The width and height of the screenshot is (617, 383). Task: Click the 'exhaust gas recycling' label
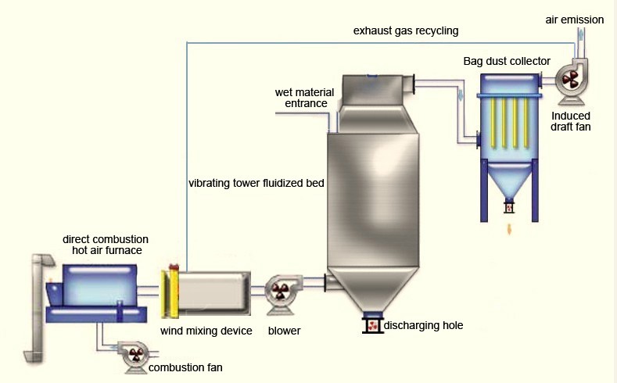pyautogui.click(x=405, y=31)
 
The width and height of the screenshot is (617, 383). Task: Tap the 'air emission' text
pyautogui.click(x=575, y=20)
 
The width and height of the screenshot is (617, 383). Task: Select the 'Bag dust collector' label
pyautogui.click(x=507, y=61)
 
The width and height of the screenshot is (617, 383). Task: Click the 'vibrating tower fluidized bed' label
pyautogui.click(x=256, y=184)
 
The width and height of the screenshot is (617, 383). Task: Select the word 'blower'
pyautogui.click(x=284, y=331)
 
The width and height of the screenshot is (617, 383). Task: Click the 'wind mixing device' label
pyautogui.click(x=206, y=331)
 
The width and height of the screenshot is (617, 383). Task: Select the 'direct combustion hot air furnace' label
pyautogui.click(x=106, y=244)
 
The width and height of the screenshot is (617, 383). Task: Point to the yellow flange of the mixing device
pyautogui.click(x=170, y=294)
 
